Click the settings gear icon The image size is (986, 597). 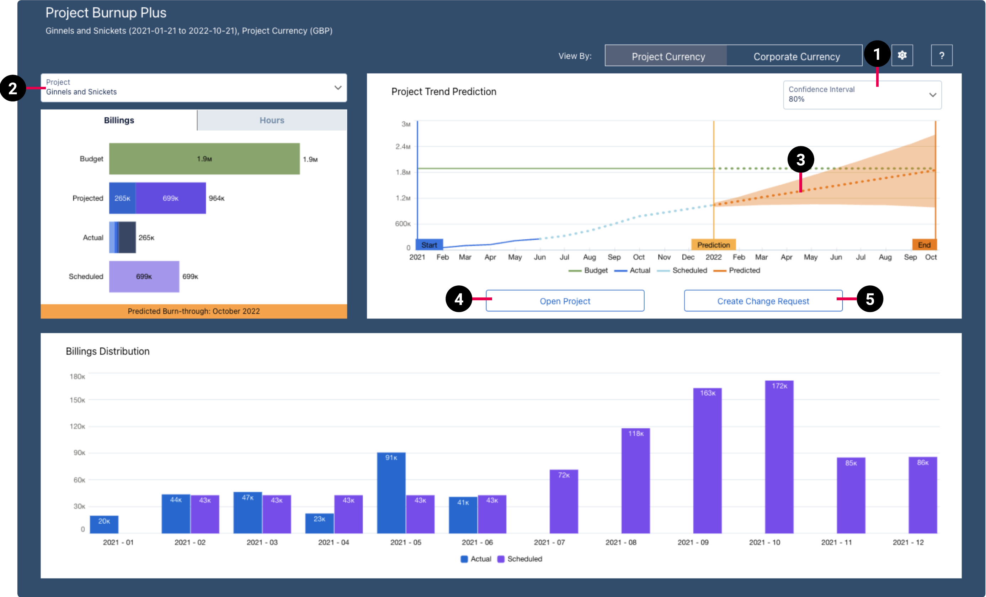click(902, 55)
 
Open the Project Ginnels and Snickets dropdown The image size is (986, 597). click(194, 88)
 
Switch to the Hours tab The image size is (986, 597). click(272, 120)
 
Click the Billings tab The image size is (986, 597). click(119, 120)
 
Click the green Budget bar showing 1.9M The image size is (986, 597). click(204, 159)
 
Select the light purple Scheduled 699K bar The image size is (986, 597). click(144, 277)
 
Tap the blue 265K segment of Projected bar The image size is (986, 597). click(122, 198)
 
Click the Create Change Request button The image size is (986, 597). click(763, 301)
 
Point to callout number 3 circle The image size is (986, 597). click(800, 160)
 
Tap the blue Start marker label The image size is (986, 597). click(429, 245)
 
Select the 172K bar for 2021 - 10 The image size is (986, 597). click(779, 456)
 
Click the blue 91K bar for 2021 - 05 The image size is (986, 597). click(391, 492)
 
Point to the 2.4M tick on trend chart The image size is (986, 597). click(403, 147)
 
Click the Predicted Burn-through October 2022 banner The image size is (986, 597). click(194, 311)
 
